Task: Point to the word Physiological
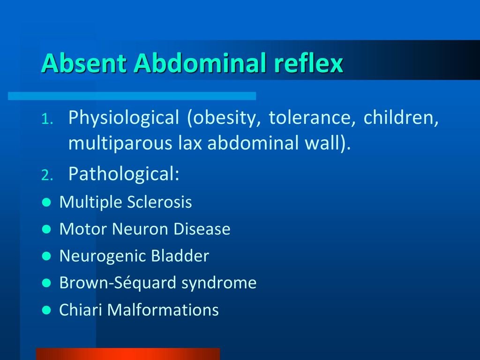123,119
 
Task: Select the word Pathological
123,174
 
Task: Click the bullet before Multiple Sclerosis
46,203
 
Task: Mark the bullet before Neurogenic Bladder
46,256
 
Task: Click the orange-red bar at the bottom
127,354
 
